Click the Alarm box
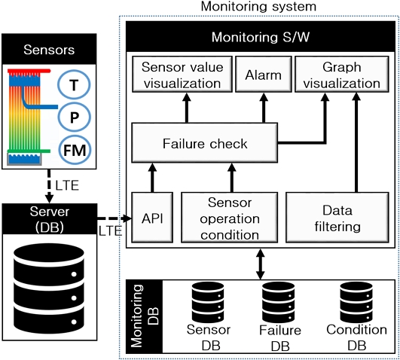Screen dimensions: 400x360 (263, 75)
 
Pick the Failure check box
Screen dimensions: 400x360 (205, 143)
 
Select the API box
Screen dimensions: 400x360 (152, 218)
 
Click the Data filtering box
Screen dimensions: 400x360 (337, 218)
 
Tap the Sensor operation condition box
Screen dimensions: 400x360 (229, 218)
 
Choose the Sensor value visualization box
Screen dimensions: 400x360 (182, 75)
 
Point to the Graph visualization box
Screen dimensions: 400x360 (342, 75)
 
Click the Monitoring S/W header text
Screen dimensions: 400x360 (261, 37)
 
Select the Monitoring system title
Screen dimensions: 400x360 (258, 6)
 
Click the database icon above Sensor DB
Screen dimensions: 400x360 (208, 302)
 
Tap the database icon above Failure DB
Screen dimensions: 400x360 (278, 302)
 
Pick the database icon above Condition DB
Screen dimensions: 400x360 (356, 302)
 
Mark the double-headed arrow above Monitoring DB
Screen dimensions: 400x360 (260, 264)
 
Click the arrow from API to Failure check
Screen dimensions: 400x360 (152, 178)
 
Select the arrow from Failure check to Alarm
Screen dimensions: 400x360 (264, 108)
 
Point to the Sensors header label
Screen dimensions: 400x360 (49, 50)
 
